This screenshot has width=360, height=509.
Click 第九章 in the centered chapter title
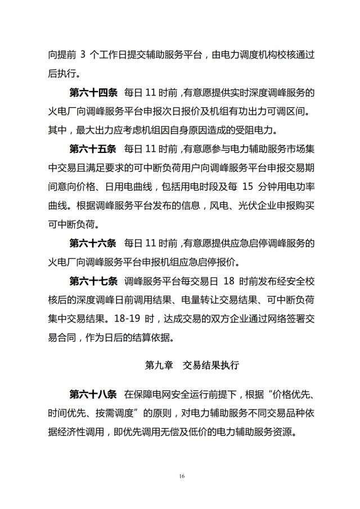[x=158, y=366]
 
